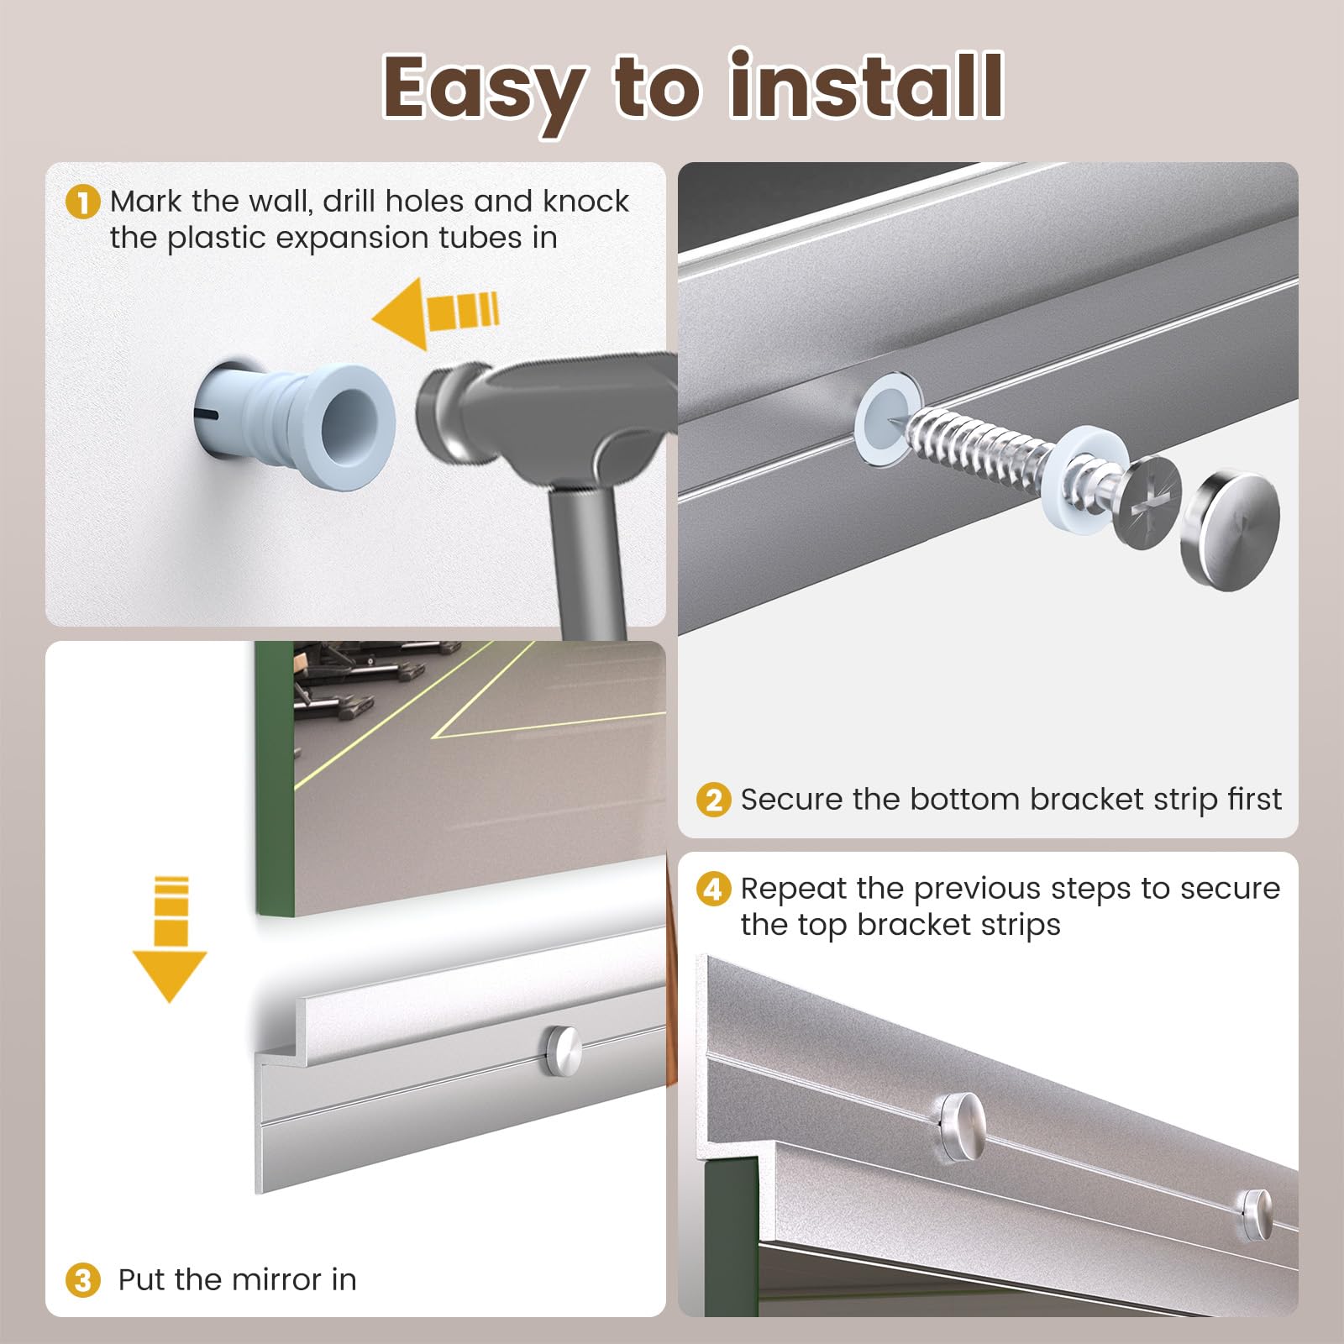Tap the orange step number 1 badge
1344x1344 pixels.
coord(82,202)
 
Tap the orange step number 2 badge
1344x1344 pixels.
coord(713,800)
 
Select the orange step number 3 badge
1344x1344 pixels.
coord(82,1280)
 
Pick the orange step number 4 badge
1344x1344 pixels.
coord(713,889)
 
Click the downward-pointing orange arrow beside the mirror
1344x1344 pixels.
coord(170,938)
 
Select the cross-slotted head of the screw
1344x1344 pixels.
coord(1149,502)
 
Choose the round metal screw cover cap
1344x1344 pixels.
coord(1231,519)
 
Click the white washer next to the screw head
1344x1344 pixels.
coord(1085,475)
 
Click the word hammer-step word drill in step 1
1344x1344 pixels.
coord(349,202)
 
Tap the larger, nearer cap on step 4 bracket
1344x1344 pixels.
coord(963,1127)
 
